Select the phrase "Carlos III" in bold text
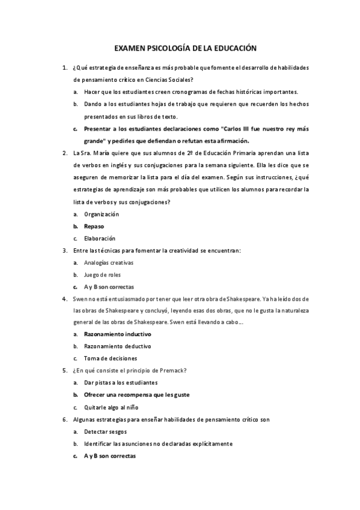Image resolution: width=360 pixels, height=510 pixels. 238,129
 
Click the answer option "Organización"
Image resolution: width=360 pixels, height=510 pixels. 102,214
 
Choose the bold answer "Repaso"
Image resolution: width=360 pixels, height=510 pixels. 94,226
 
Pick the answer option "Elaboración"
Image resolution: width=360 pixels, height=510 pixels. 99,238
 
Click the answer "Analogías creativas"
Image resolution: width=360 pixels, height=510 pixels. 109,263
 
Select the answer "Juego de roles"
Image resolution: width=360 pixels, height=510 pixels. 103,275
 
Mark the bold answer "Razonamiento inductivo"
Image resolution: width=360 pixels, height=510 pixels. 117,334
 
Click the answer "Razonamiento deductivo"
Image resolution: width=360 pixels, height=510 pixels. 117,346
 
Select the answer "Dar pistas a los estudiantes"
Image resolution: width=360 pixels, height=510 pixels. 121,382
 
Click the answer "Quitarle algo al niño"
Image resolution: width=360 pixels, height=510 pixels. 112,407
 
